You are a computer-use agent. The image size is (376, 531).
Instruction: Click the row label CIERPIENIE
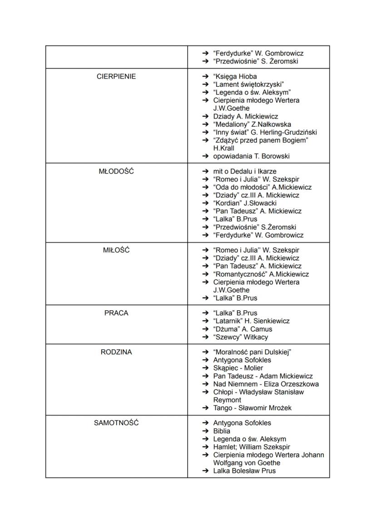coord(116,76)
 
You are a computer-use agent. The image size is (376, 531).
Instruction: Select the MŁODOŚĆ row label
coord(116,171)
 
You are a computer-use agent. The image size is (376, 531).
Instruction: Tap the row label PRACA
coord(116,313)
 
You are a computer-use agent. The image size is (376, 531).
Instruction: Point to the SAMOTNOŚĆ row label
coord(116,423)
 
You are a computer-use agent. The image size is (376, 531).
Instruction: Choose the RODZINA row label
coord(116,352)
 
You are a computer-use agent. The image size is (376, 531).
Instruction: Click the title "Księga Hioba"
coord(235,76)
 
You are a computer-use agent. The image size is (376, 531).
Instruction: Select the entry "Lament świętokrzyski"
coord(248,84)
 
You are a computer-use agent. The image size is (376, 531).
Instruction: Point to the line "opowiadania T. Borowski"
coord(251,156)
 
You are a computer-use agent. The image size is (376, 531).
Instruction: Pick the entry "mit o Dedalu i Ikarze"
coord(244,171)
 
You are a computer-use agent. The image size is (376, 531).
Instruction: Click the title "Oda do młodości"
coord(241,187)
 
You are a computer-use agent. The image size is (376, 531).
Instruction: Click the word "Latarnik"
coord(228,321)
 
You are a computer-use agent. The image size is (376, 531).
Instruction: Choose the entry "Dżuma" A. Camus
coord(242,329)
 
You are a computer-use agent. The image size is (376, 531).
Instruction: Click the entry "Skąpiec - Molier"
coord(238,368)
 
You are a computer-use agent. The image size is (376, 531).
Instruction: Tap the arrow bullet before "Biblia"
coord(205,431)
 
